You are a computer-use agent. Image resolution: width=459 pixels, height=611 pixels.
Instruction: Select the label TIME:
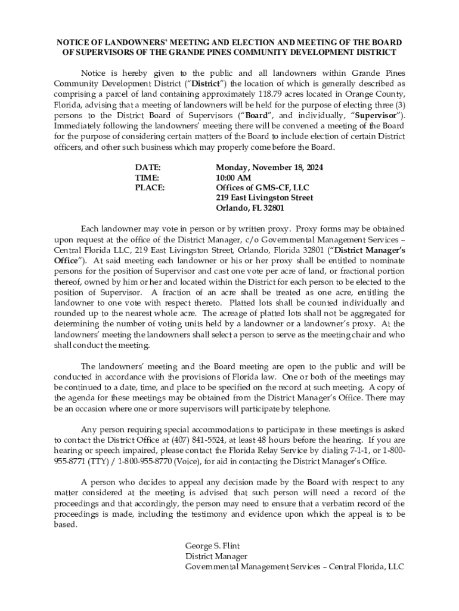point(147,178)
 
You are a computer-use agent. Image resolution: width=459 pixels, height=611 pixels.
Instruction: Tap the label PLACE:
point(150,188)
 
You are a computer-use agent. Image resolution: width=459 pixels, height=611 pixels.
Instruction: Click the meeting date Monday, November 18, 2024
point(269,168)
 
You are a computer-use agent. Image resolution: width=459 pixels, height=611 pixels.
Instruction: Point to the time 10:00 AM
point(233,178)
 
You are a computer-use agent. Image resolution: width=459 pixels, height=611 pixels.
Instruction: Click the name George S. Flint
point(212,546)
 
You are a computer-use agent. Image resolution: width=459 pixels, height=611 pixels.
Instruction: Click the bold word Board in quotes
point(257,115)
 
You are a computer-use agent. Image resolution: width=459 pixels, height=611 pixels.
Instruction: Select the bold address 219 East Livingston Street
point(264,198)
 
